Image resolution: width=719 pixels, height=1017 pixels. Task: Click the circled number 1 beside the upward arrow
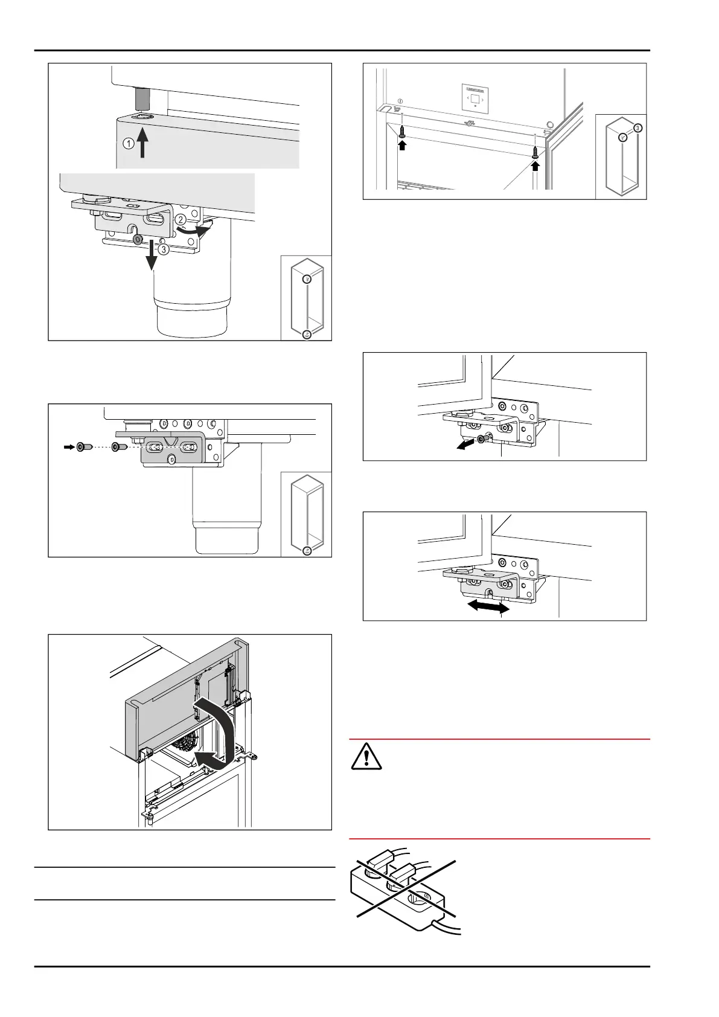128,144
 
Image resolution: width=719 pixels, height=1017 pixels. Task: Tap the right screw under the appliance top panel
535,153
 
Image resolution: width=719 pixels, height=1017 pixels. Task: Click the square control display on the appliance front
475,98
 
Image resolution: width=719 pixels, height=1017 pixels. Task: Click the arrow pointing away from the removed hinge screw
465,445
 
